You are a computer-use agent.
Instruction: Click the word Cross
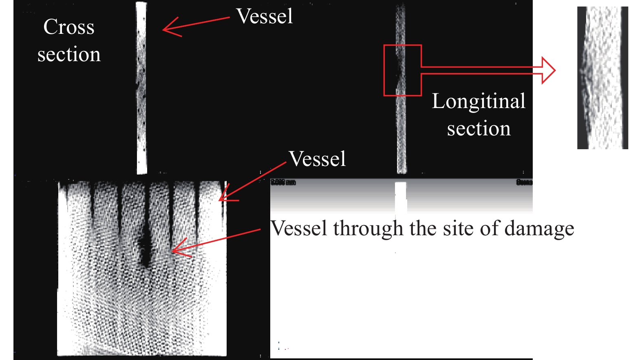pyautogui.click(x=69, y=27)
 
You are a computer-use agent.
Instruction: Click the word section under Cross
pyautogui.click(x=69, y=55)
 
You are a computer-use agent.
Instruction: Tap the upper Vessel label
pyautogui.click(x=265, y=17)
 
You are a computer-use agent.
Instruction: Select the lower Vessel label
pyautogui.click(x=317, y=159)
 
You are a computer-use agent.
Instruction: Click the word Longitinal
pyautogui.click(x=479, y=102)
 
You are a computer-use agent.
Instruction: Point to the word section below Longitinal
pyautogui.click(x=479, y=129)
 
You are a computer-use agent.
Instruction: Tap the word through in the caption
pyautogui.click(x=370, y=229)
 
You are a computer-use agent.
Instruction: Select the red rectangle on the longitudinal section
pyautogui.click(x=402, y=46)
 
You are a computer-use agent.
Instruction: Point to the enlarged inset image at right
pyautogui.click(x=602, y=77)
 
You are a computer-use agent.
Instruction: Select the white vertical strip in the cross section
pyautogui.click(x=141, y=88)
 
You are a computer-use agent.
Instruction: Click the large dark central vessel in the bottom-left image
pyautogui.click(x=145, y=245)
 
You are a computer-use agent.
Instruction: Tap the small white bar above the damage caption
pyautogui.click(x=401, y=198)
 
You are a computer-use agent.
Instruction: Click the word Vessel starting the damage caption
pyautogui.click(x=299, y=229)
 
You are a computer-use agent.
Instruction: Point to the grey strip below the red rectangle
pyautogui.click(x=402, y=135)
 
